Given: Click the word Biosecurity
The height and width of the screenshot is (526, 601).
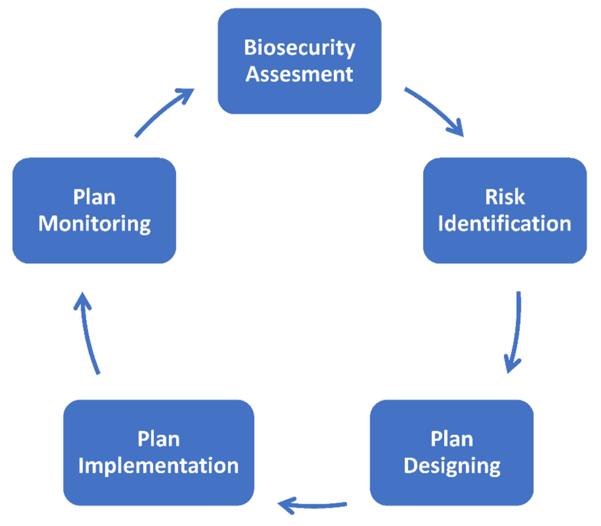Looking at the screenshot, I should pyautogui.click(x=299, y=48).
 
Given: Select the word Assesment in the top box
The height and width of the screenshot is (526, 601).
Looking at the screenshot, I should pyautogui.click(x=299, y=74).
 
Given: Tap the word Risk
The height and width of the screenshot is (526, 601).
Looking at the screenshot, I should pyautogui.click(x=505, y=197).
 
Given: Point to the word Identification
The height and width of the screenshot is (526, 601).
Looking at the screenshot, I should pyautogui.click(x=505, y=224).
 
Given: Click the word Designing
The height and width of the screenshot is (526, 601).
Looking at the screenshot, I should pyautogui.click(x=452, y=466).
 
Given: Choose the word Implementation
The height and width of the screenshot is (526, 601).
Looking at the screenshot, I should pyautogui.click(x=158, y=466).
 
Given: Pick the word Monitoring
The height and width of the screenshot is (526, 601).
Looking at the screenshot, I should pyautogui.click(x=95, y=224).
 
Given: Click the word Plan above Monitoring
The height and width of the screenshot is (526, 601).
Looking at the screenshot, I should pyautogui.click(x=95, y=197).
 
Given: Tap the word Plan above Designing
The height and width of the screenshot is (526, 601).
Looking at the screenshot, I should pyautogui.click(x=452, y=439).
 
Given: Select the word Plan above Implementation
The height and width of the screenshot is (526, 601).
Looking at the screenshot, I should pyautogui.click(x=158, y=439).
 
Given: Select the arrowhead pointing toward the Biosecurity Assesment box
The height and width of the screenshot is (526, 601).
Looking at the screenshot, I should pyautogui.click(x=186, y=94).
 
